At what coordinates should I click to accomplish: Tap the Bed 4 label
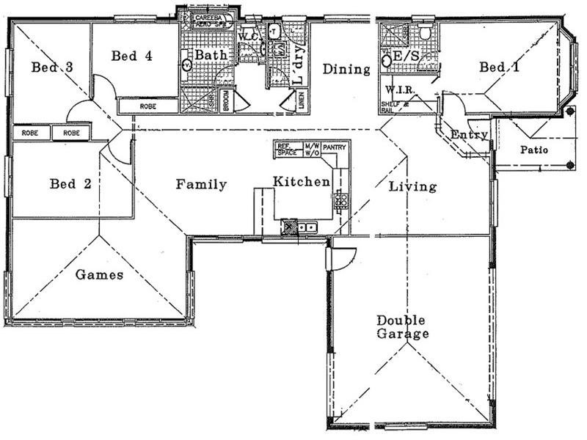coord(131,56)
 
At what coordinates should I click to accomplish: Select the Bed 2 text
coord(70,183)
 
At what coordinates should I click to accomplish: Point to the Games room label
coord(99,275)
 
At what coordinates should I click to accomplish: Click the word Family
coord(201,185)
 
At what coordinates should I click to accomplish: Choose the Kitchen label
coord(302,181)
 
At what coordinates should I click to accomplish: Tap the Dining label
coord(346,70)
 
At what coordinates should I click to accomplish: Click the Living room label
coord(412,186)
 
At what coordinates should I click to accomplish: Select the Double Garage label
coord(402,327)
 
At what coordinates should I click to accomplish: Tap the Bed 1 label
coord(500,67)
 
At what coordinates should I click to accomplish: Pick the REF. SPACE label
coord(286,150)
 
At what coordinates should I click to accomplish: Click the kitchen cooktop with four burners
coord(340,198)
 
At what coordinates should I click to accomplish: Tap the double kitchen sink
coord(307,227)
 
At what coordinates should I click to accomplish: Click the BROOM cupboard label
coord(227,99)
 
